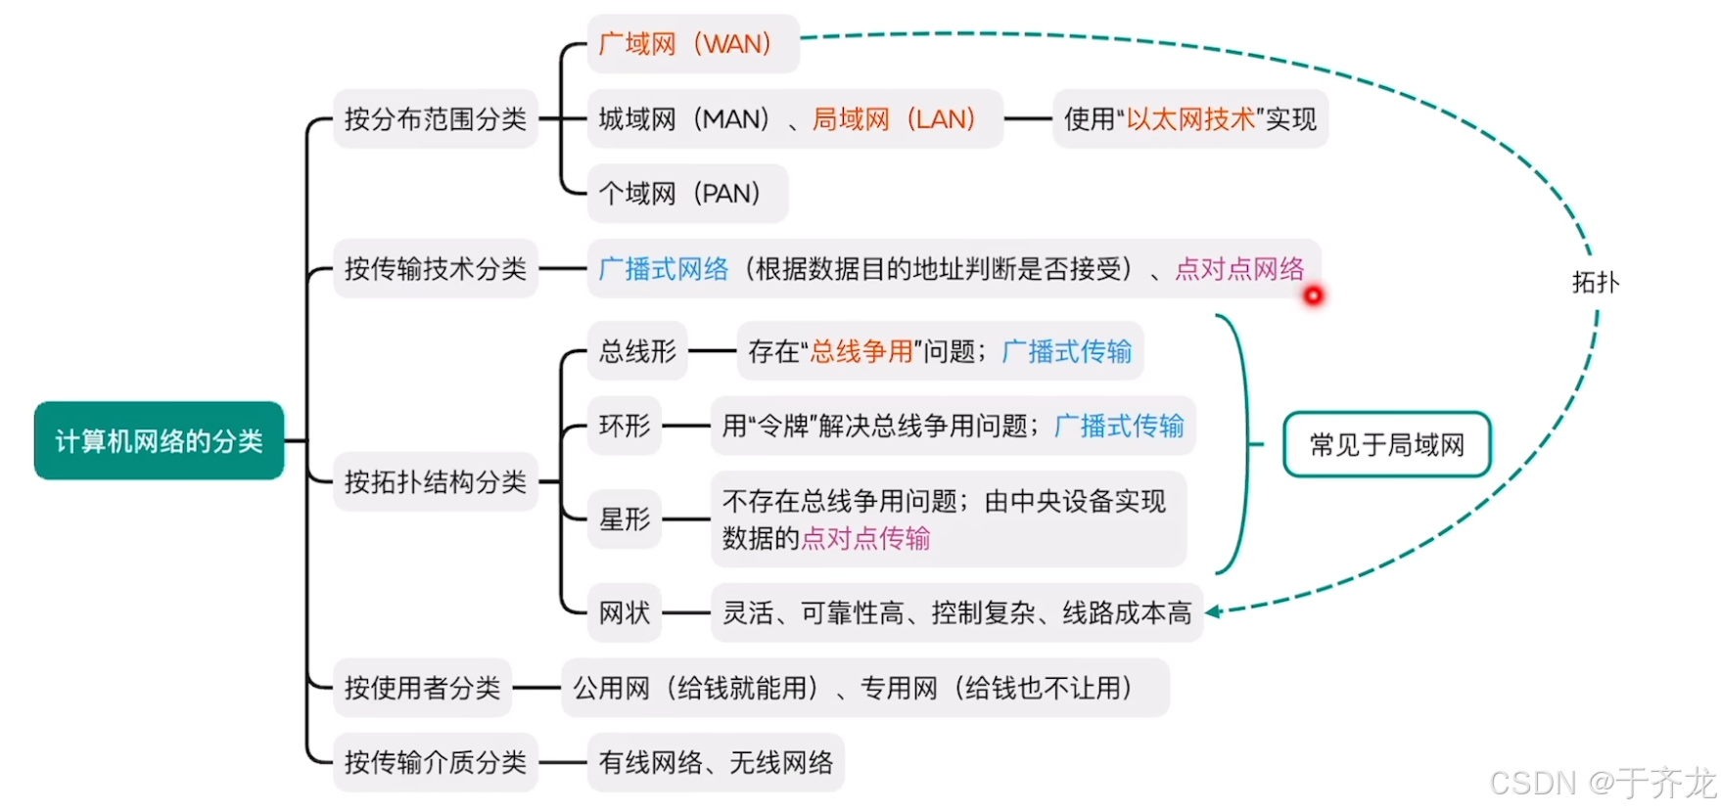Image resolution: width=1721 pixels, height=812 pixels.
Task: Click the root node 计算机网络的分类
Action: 159,441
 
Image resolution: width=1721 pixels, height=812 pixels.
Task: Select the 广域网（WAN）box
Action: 692,44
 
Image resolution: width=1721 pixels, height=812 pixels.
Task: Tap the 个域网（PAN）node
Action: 686,194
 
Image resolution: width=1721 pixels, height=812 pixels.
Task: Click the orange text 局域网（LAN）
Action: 894,119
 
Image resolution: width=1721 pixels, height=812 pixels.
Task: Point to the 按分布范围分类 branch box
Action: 435,119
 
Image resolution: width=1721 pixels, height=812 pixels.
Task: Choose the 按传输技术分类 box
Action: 435,269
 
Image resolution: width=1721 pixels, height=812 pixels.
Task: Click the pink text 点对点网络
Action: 1239,269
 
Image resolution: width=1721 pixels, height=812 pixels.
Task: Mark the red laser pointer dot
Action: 1313,295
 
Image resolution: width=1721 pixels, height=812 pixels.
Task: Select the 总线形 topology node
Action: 637,351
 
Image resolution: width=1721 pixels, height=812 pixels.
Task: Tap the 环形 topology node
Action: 625,426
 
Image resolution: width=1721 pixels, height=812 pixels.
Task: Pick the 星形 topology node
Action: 625,519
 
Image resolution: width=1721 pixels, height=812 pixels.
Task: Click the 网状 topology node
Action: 625,613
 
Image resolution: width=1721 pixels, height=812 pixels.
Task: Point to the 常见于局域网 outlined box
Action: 1386,445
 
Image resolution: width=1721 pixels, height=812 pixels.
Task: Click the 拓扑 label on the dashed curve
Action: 1595,283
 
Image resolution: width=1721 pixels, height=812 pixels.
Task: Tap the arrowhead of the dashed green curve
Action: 1213,612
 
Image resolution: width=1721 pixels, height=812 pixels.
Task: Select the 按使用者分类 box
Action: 422,688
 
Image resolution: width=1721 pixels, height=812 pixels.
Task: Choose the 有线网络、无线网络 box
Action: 716,762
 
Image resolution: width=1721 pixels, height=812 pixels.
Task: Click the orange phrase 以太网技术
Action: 1190,119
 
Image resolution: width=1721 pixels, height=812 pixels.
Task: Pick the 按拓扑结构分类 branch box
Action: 435,481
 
